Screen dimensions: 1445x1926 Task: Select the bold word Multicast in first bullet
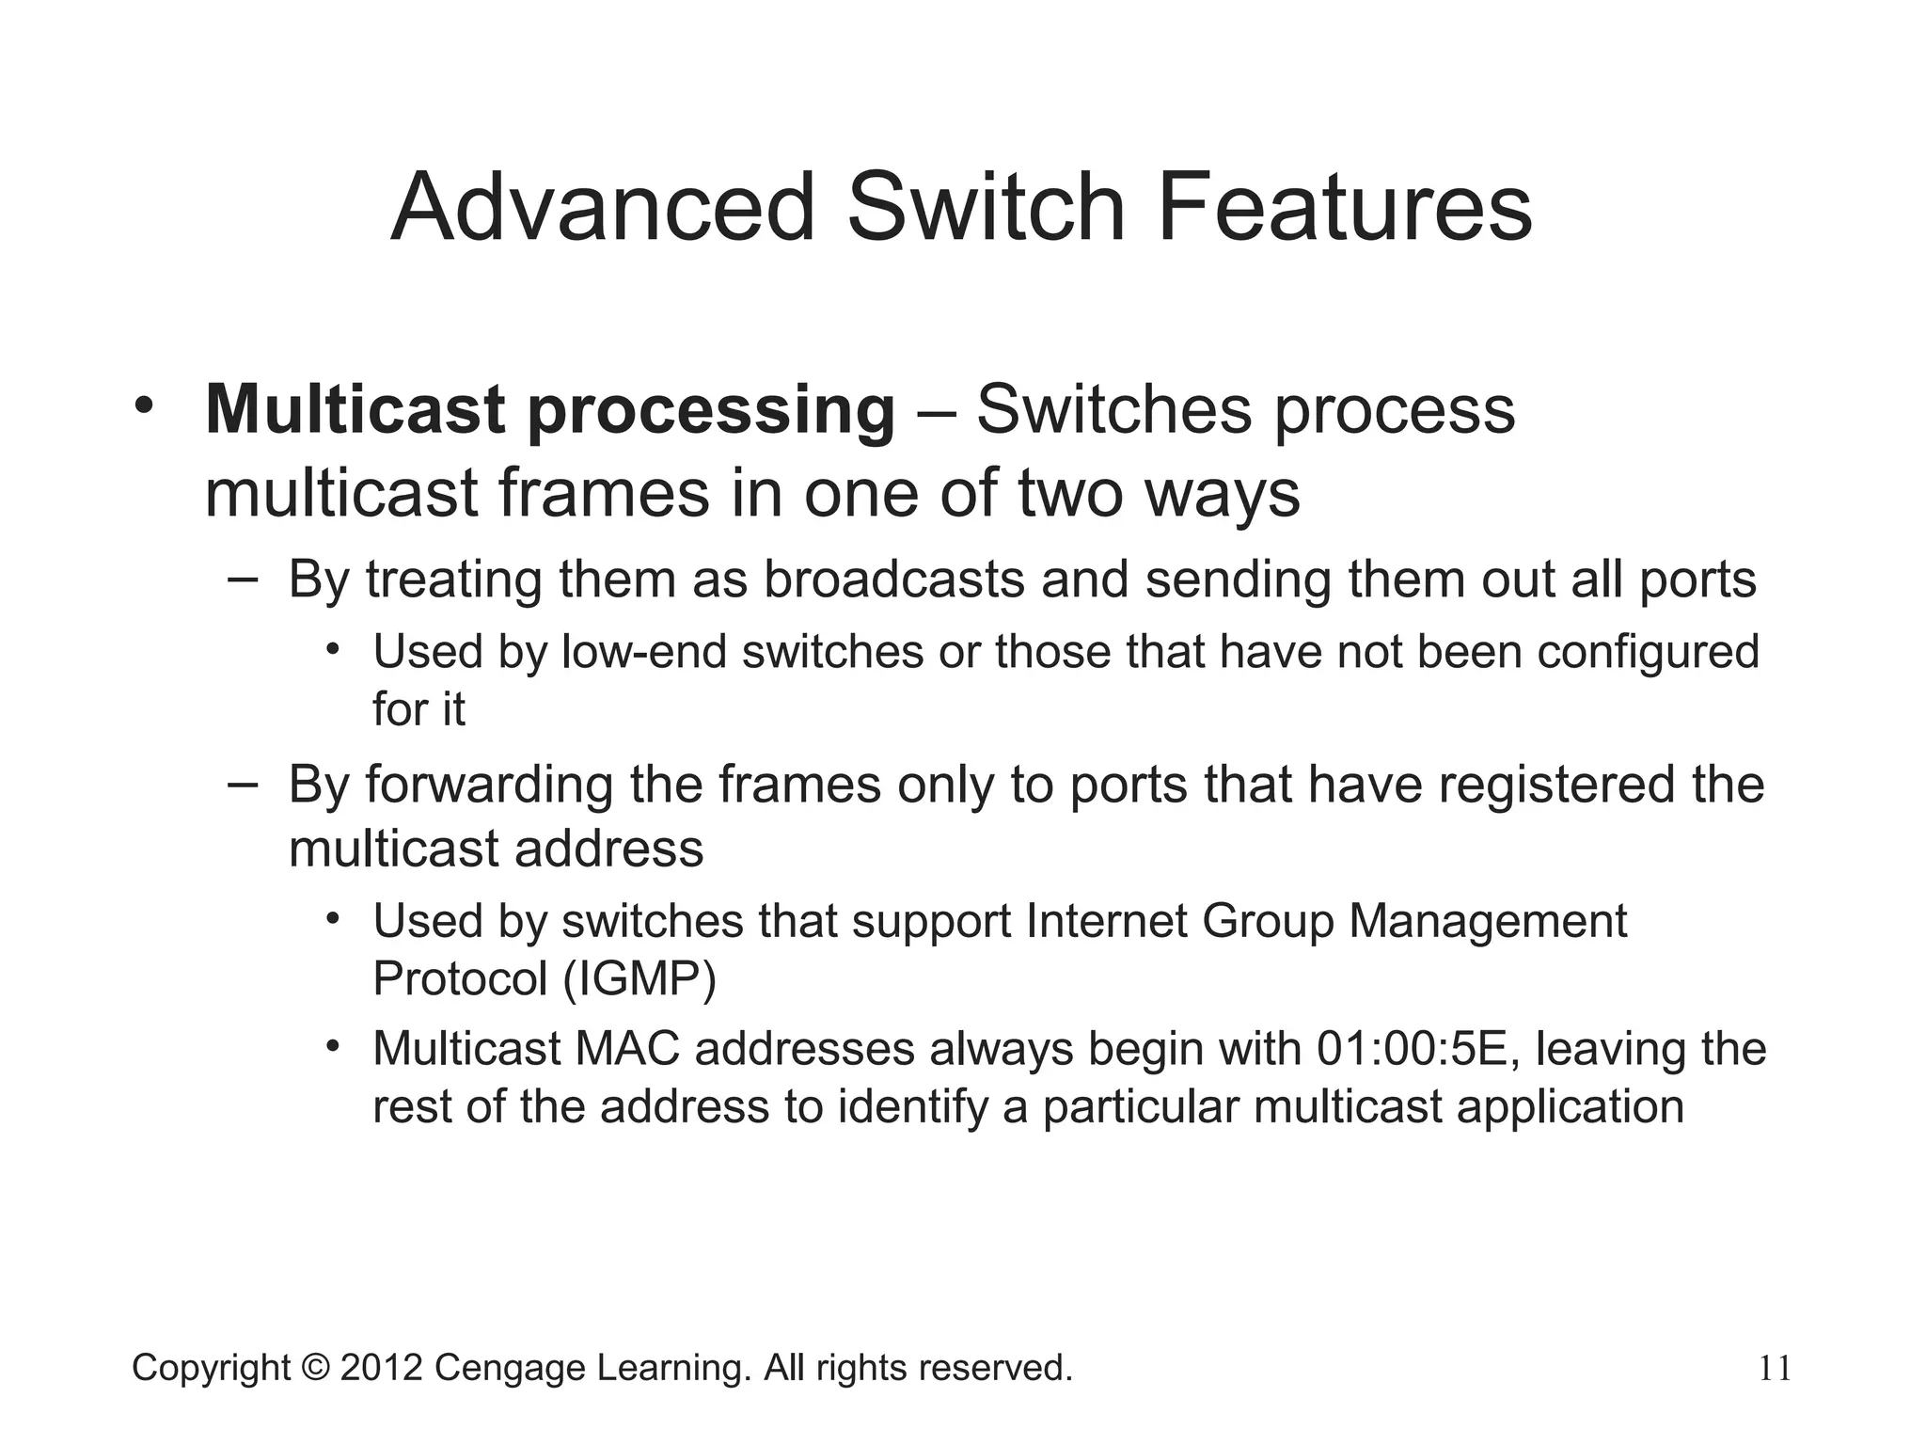[x=356, y=410]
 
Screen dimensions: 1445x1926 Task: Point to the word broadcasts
[x=893, y=580]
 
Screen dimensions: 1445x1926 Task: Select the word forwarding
[x=488, y=786]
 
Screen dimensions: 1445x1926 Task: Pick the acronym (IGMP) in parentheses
[x=639, y=979]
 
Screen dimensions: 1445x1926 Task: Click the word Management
[x=1488, y=922]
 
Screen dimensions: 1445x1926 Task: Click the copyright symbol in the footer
[x=315, y=1368]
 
